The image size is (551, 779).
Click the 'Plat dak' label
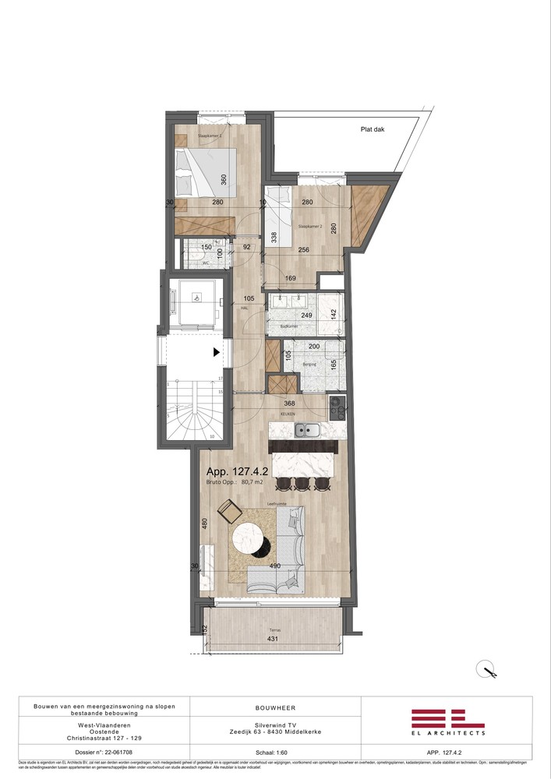tap(373, 130)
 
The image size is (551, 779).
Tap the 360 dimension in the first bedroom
tap(224, 180)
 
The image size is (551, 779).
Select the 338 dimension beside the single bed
tap(274, 237)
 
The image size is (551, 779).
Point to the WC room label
tap(206, 263)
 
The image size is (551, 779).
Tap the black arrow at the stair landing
tap(216, 352)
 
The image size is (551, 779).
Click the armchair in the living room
tap(228, 512)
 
